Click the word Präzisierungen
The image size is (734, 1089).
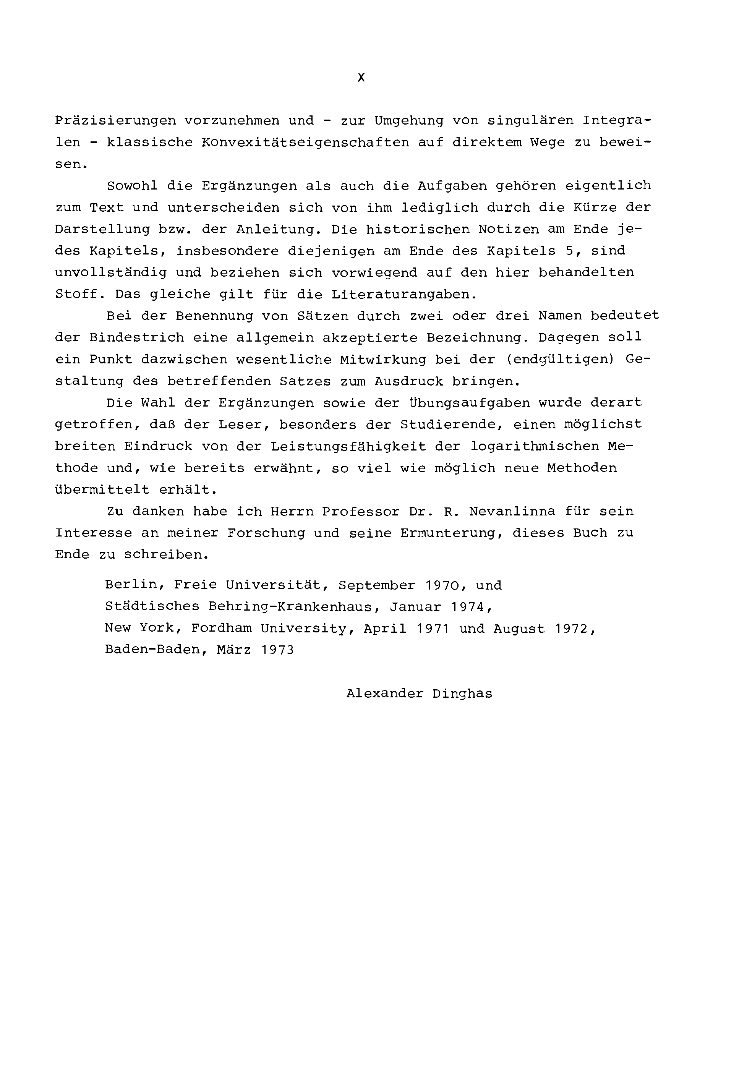pyautogui.click(x=115, y=121)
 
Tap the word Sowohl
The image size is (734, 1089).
pyautogui.click(x=132, y=186)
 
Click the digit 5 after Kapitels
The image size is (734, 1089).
pyautogui.click(x=569, y=251)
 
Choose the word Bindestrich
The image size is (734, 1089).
pyautogui.click(x=136, y=337)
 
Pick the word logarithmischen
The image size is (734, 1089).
pyautogui.click(x=535, y=446)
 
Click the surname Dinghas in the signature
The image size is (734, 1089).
pyautogui.click(x=462, y=694)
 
